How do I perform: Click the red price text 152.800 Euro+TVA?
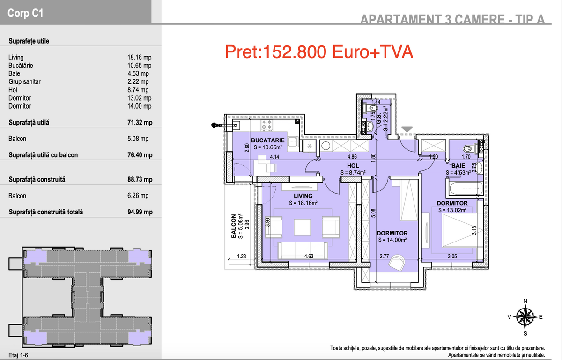click(318, 51)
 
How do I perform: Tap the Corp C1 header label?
click(25, 13)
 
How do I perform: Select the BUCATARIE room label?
click(268, 140)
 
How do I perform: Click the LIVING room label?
click(303, 196)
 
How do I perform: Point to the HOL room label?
click(353, 166)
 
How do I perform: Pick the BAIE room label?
click(458, 166)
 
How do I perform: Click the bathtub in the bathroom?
click(466, 189)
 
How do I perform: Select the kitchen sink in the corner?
click(236, 125)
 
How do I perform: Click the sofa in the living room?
click(303, 250)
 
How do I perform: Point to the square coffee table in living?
click(302, 228)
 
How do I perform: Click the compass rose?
click(525, 317)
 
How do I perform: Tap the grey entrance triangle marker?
click(407, 129)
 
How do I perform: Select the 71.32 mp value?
click(140, 123)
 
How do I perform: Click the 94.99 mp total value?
click(140, 212)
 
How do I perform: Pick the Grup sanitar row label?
click(24, 82)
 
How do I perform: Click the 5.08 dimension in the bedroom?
click(373, 213)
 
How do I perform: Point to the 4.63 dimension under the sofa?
click(309, 256)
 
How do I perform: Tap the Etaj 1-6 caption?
click(18, 355)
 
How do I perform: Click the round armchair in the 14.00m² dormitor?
click(397, 263)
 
